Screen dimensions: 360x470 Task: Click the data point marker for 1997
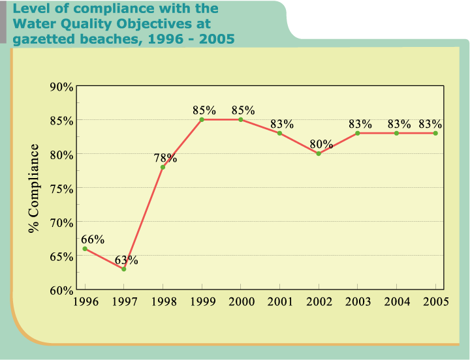click(x=123, y=269)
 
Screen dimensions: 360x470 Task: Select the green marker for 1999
click(x=202, y=119)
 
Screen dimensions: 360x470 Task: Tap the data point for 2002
click(x=319, y=153)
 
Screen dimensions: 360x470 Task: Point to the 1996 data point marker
click(x=85, y=248)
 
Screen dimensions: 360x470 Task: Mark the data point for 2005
click(x=435, y=133)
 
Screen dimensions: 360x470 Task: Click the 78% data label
click(x=165, y=158)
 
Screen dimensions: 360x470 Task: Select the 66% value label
click(x=93, y=239)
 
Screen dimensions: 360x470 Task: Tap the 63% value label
click(x=127, y=260)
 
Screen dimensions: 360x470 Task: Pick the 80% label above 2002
click(x=321, y=144)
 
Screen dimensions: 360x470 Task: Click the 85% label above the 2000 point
click(x=243, y=110)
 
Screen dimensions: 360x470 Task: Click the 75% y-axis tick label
click(x=61, y=188)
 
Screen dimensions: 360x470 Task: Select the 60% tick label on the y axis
click(x=61, y=290)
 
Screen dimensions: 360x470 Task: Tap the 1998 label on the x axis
click(x=163, y=301)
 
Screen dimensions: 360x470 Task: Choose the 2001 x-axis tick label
click(x=279, y=301)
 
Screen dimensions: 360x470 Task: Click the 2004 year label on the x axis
click(x=396, y=301)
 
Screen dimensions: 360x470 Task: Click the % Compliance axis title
click(x=33, y=188)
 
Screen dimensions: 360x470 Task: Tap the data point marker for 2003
click(x=358, y=133)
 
